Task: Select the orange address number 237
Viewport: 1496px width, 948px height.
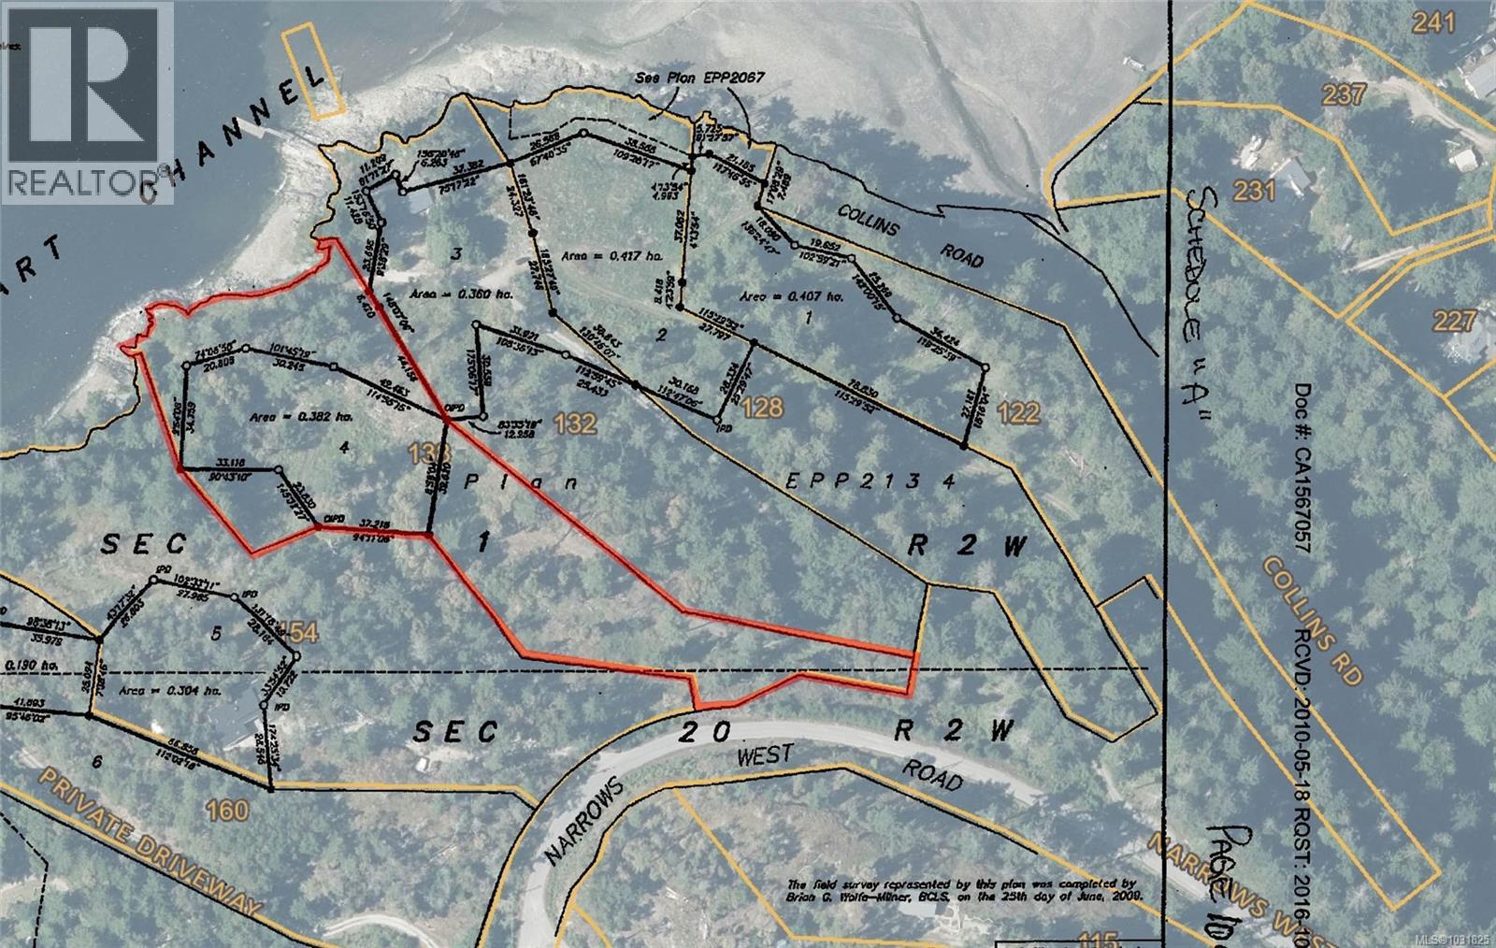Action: tap(1345, 93)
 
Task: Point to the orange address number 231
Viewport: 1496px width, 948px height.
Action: tap(1254, 191)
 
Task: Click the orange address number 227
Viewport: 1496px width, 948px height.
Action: tap(1454, 322)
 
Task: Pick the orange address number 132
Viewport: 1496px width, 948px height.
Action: tap(574, 424)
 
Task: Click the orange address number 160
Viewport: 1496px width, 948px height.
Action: tap(227, 810)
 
